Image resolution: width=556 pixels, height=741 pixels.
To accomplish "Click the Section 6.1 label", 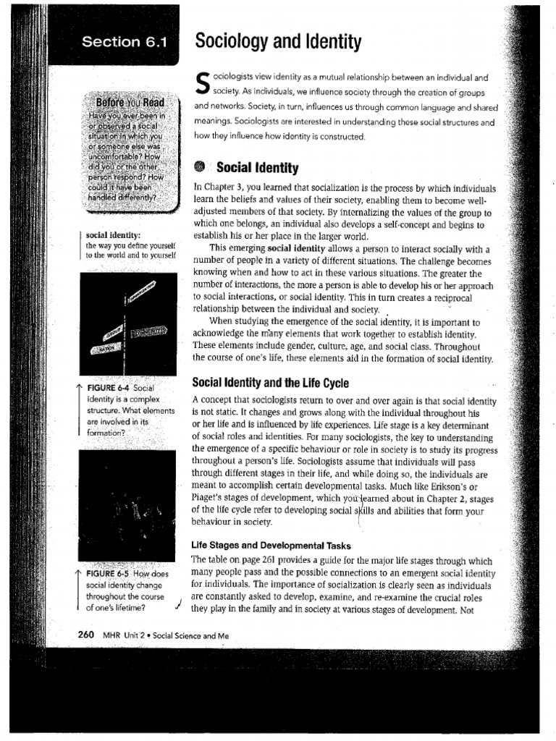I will [x=124, y=42].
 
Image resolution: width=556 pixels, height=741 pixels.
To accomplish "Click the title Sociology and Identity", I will [x=277, y=43].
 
